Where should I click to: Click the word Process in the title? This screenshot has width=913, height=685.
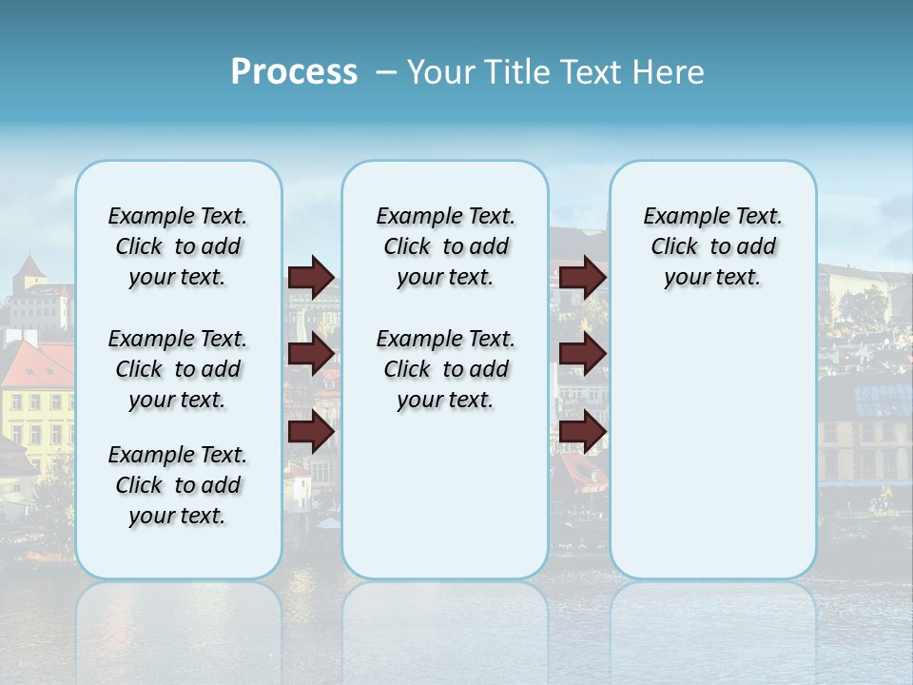click(x=294, y=72)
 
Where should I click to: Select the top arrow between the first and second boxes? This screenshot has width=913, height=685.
click(x=311, y=277)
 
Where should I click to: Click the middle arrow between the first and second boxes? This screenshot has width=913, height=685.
click(x=311, y=354)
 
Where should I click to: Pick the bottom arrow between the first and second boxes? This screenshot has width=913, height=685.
click(x=311, y=433)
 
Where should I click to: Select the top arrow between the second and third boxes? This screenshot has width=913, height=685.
click(x=583, y=277)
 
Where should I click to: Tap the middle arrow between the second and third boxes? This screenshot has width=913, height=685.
click(x=583, y=354)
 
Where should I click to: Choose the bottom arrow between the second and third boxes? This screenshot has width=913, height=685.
click(x=583, y=433)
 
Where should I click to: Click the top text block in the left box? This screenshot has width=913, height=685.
click(x=178, y=246)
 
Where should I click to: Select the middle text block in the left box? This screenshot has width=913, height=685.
click(x=178, y=369)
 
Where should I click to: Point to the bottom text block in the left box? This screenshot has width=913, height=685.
click(x=178, y=485)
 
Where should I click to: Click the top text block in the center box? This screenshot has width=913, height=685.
click(x=445, y=246)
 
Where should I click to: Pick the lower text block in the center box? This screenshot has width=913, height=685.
click(x=445, y=369)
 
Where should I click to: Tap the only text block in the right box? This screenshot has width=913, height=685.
click(x=712, y=246)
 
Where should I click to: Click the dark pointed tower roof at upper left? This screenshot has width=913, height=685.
click(x=31, y=268)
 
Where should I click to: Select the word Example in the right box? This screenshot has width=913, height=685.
click(x=678, y=217)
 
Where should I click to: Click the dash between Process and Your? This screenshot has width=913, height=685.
click(x=385, y=72)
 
